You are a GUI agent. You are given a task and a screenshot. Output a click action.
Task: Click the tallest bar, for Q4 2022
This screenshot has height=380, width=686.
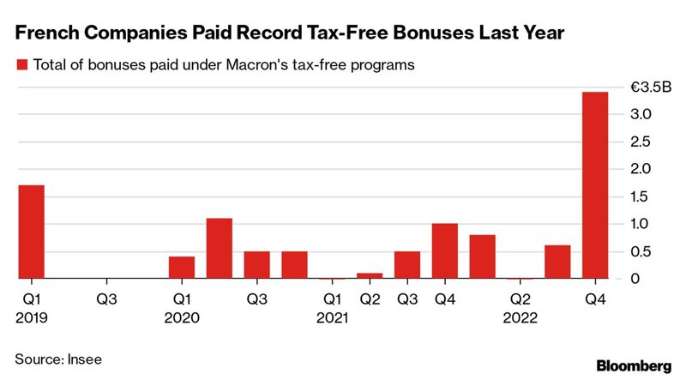pos(595,185)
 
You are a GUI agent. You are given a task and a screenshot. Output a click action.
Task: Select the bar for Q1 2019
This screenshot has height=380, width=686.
pos(31,232)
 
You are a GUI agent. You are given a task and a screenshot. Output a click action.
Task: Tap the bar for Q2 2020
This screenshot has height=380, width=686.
pos(220,249)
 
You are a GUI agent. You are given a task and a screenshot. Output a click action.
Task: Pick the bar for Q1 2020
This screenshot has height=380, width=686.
pos(182,268)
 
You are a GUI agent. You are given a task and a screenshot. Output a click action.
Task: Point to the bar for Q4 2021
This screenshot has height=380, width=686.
pos(445,251)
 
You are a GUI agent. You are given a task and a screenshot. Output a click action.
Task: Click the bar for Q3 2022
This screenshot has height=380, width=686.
pos(557,262)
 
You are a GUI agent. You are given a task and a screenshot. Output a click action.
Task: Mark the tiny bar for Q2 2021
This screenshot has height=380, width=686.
pos(370,275)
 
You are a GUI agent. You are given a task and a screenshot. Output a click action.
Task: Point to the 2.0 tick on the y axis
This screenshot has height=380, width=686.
pos(642,169)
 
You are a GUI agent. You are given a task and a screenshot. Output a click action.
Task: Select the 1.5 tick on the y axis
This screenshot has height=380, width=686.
pos(642,196)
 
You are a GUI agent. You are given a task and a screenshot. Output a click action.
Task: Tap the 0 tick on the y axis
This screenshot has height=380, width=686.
pos(635,279)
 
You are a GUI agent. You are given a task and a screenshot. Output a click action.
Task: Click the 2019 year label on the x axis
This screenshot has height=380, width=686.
pos(32,317)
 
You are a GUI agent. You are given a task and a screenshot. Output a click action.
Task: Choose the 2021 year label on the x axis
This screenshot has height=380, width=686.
pos(332,317)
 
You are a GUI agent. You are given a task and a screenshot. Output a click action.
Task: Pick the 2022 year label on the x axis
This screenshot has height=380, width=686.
pos(521,317)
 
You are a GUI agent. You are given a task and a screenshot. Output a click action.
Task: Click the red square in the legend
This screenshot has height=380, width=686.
pos(21,65)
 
